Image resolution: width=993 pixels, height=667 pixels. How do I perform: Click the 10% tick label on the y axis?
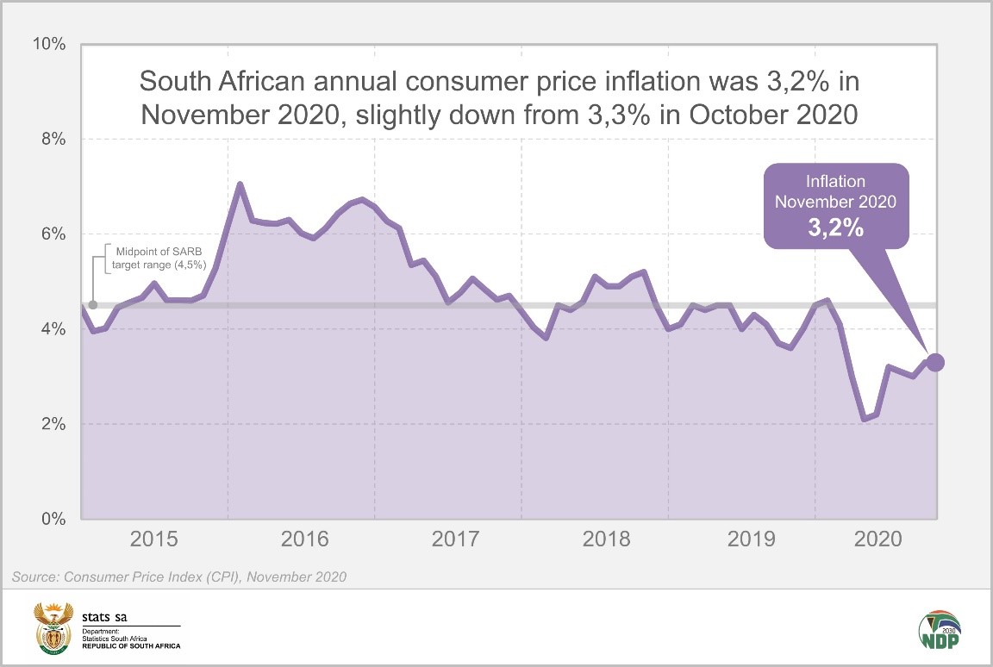coord(49,44)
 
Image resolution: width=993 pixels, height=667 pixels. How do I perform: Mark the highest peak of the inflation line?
coord(240,184)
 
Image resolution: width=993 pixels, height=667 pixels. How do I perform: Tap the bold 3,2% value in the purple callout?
coord(835,230)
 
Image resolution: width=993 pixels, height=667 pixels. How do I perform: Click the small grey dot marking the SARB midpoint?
coord(93,305)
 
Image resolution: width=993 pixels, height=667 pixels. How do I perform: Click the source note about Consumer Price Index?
coord(178,577)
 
